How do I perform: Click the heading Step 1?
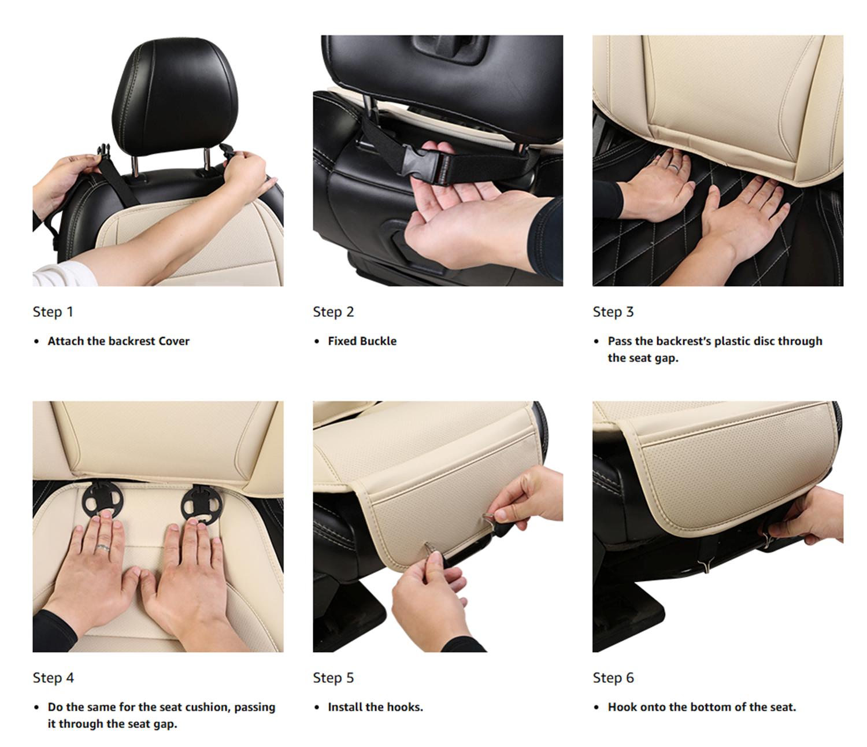[x=53, y=312]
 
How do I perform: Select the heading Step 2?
[x=333, y=312]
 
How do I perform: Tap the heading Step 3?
[x=613, y=312]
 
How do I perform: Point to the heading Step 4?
[x=53, y=678]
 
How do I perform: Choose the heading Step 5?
[x=333, y=678]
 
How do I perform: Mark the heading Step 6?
[x=613, y=678]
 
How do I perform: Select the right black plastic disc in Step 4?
[x=201, y=505]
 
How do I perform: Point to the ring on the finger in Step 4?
[x=103, y=547]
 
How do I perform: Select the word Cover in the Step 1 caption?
[x=174, y=341]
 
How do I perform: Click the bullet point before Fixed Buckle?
[x=317, y=342]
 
